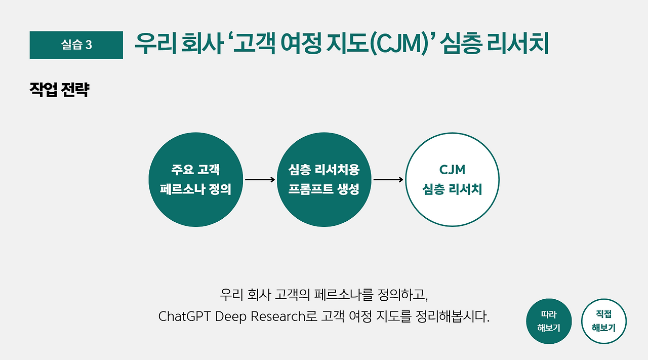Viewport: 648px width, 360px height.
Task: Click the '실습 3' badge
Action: (76, 45)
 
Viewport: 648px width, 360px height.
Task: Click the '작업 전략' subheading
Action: (59, 90)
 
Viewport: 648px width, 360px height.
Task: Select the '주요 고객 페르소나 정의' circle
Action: (195, 180)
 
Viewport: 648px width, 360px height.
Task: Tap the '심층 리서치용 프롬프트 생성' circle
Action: (324, 180)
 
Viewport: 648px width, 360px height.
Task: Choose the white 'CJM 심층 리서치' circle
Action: (452, 180)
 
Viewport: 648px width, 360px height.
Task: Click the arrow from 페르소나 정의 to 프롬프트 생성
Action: (260, 180)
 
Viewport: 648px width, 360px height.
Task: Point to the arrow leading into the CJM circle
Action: (388, 180)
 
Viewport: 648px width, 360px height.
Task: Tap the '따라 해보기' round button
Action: (549, 321)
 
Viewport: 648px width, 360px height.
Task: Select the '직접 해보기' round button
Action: (603, 321)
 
